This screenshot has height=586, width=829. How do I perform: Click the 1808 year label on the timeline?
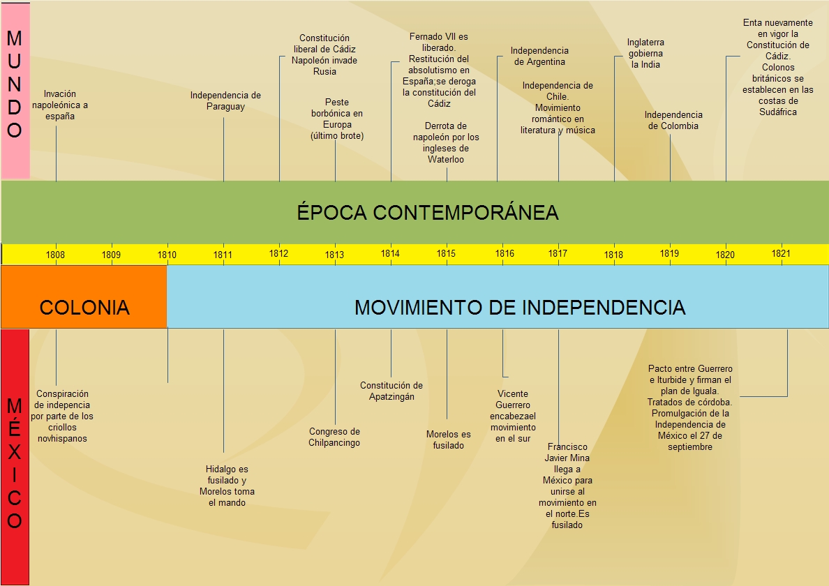[56, 255]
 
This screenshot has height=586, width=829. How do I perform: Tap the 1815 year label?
[447, 254]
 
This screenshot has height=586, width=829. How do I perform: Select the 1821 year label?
[782, 254]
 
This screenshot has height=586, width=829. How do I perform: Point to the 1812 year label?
[279, 254]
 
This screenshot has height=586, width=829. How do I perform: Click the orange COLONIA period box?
[84, 307]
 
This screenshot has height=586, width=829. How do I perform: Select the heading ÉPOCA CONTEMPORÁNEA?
[428, 212]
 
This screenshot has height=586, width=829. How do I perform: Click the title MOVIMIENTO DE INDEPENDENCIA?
[520, 307]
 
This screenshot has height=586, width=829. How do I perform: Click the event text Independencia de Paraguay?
[225, 100]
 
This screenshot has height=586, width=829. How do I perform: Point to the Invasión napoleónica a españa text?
[60, 105]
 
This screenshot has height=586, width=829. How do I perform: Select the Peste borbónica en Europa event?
[337, 119]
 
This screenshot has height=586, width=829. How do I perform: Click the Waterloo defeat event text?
[446, 142]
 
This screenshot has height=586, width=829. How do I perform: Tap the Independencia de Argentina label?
[539, 56]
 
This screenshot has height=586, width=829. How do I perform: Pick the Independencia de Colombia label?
[673, 120]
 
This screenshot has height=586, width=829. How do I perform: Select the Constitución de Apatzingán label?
[391, 391]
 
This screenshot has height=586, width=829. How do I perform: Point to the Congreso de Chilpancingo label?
[334, 437]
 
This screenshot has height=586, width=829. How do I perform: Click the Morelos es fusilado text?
[448, 439]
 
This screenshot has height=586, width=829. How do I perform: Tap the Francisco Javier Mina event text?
[567, 486]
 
